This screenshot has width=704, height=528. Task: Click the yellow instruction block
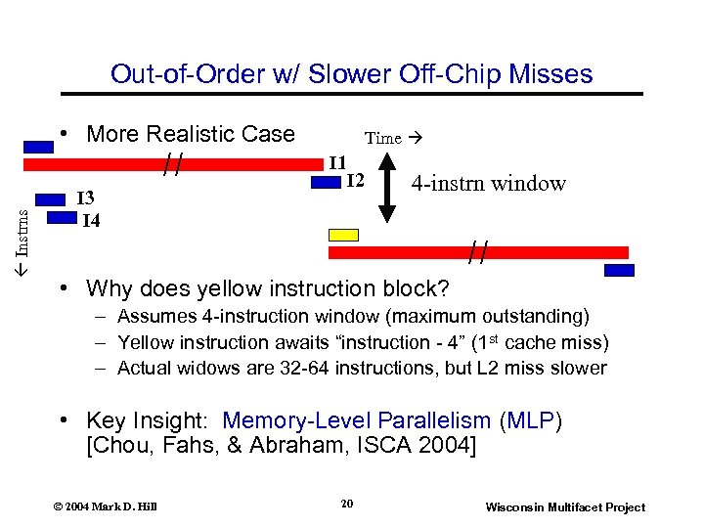(344, 235)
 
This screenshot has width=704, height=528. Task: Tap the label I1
(337, 161)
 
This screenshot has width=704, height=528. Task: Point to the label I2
(355, 180)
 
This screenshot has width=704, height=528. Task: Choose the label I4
(90, 220)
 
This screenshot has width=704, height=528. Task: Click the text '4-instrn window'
(488, 183)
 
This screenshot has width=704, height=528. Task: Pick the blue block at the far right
(619, 271)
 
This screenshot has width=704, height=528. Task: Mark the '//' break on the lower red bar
(477, 253)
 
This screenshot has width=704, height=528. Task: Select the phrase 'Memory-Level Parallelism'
(356, 420)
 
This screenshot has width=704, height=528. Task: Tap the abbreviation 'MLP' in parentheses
(531, 420)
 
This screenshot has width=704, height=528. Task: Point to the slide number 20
(346, 504)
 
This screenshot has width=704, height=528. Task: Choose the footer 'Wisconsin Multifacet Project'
(565, 506)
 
